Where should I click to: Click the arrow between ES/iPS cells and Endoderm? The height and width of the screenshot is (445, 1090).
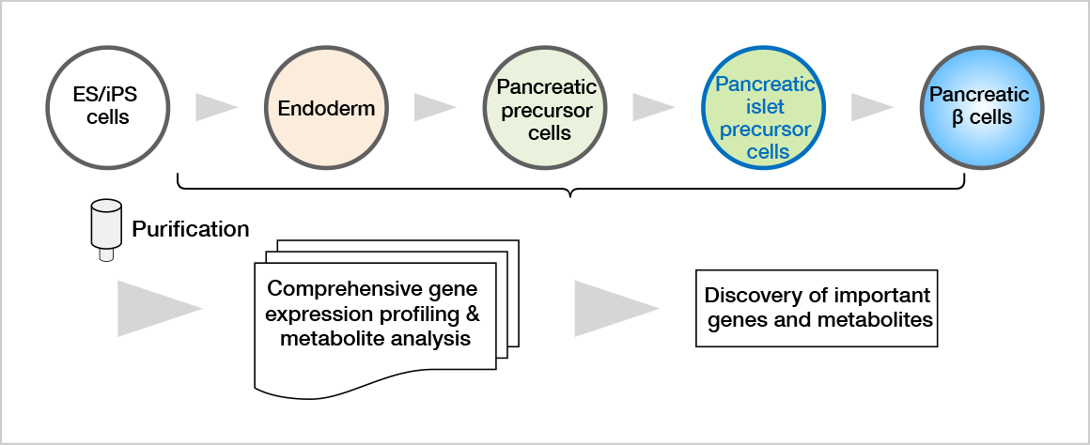[216, 107]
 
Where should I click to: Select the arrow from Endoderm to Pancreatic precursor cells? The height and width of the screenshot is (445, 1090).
[435, 107]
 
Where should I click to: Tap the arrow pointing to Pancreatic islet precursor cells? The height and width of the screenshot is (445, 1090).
[654, 107]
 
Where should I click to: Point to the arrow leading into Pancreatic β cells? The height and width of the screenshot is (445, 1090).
[872, 107]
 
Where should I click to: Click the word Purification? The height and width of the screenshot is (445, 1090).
[191, 229]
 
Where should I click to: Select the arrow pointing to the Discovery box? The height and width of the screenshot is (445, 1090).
[616, 308]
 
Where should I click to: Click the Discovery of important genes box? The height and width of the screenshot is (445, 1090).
[817, 308]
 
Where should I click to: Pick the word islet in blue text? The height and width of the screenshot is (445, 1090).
[765, 106]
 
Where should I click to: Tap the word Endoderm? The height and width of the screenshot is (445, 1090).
[326, 108]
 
